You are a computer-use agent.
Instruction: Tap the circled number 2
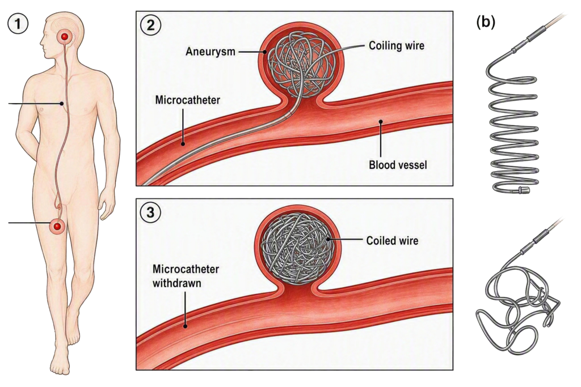[150, 25]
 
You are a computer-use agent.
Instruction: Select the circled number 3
[150, 213]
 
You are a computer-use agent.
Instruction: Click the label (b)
[486, 23]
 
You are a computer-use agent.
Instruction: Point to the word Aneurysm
[210, 52]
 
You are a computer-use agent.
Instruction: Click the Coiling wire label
[397, 46]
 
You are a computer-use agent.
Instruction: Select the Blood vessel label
[398, 165]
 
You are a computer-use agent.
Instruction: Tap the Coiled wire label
[393, 240]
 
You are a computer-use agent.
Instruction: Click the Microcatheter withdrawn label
[186, 276]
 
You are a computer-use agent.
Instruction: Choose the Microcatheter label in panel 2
[187, 100]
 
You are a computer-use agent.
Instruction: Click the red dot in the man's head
[65, 36]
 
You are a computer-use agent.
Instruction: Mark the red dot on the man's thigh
[57, 226]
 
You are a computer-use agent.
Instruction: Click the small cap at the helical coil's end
[525, 190]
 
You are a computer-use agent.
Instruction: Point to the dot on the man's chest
[62, 104]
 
